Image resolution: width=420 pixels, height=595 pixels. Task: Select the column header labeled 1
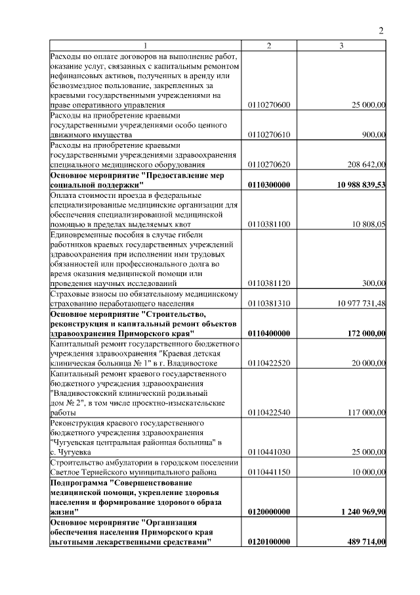click(146, 45)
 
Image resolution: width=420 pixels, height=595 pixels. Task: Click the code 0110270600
click(269, 105)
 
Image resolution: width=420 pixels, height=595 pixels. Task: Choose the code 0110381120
click(269, 283)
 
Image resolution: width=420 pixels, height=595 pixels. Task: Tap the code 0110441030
click(269, 452)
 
